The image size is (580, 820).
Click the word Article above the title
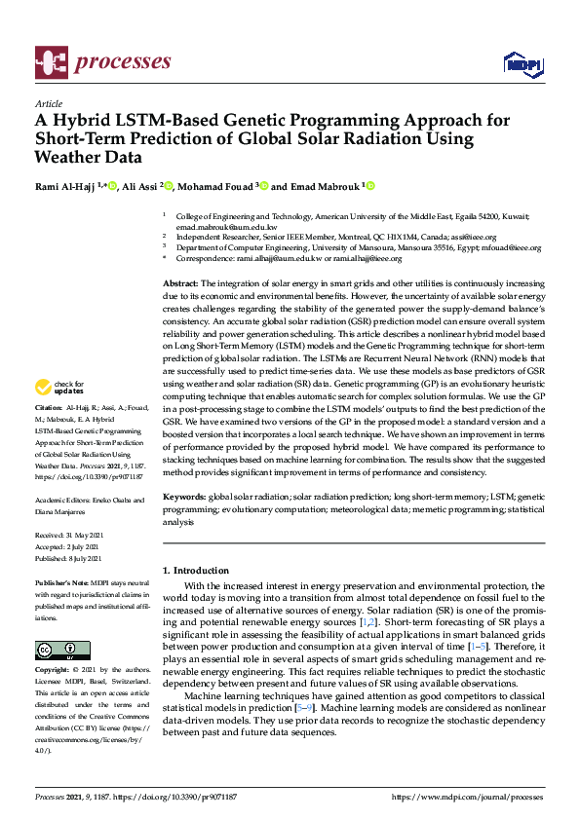(x=48, y=103)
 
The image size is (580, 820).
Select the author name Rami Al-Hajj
(x=66, y=187)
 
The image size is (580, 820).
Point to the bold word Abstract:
(x=180, y=281)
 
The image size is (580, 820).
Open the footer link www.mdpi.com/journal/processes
(x=466, y=796)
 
